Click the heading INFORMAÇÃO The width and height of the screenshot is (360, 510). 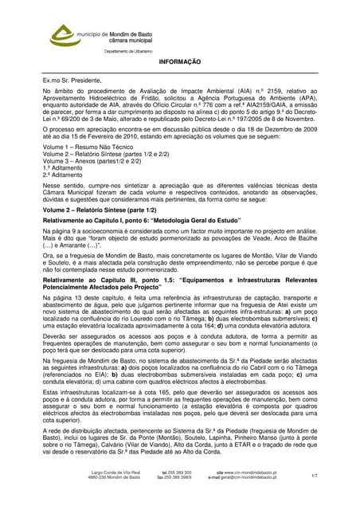pos(180,61)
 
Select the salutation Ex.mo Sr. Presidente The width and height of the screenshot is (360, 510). pos(72,80)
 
